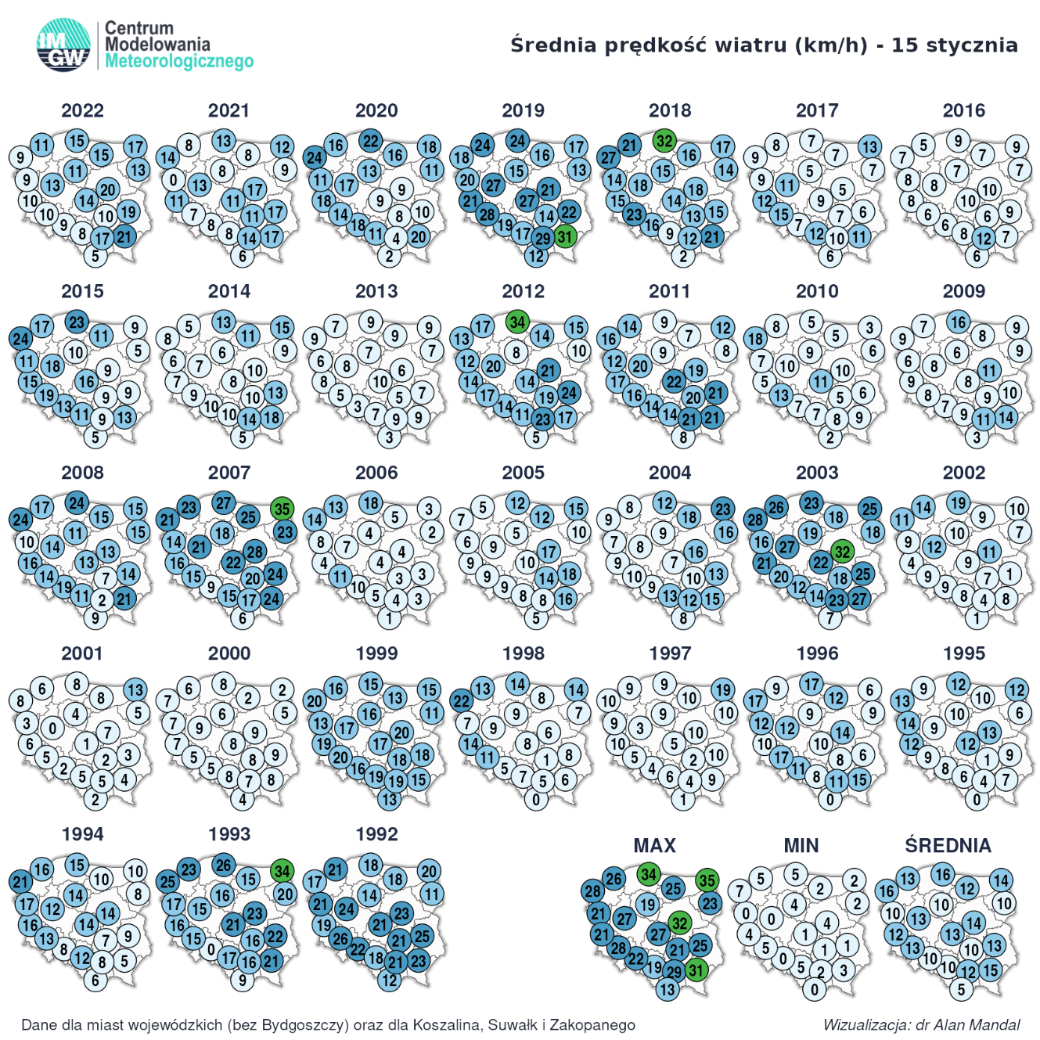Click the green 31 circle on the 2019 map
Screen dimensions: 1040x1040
coord(565,236)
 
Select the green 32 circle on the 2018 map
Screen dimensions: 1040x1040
coord(664,141)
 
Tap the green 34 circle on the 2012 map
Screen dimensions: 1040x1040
coord(516,321)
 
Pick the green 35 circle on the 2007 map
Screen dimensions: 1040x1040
coord(282,509)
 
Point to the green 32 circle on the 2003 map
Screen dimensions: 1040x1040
coord(841,552)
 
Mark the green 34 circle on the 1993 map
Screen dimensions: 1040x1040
coord(282,870)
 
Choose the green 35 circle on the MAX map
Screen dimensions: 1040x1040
coord(707,880)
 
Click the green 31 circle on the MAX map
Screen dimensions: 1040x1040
coord(696,970)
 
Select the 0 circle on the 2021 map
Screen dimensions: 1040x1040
coord(174,179)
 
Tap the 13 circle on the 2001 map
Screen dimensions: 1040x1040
coord(135,689)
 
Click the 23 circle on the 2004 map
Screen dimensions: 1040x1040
coord(722,509)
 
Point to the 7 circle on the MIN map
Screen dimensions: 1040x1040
coord(739,891)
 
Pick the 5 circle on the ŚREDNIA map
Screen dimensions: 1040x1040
coord(962,989)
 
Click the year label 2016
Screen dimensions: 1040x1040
coord(963,110)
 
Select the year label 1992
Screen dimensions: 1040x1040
coord(376,834)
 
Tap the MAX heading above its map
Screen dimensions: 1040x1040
coord(654,845)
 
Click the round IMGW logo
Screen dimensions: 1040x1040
coord(63,45)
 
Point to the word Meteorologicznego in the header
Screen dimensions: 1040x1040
coord(179,61)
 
